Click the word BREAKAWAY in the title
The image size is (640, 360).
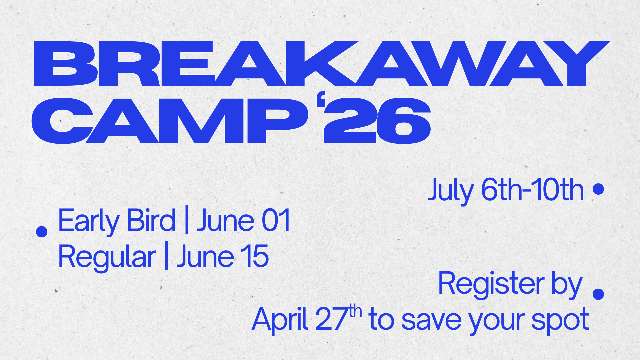pyautogui.click(x=322, y=63)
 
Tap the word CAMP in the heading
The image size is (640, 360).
pyautogui.click(x=170, y=121)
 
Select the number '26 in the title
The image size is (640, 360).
pyautogui.click(x=377, y=121)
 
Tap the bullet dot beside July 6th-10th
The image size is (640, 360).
pyautogui.click(x=599, y=189)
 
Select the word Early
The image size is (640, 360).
pyautogui.click(x=89, y=221)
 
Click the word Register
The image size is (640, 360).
pyautogui.click(x=491, y=284)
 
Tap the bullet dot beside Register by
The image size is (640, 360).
pyautogui.click(x=599, y=294)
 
